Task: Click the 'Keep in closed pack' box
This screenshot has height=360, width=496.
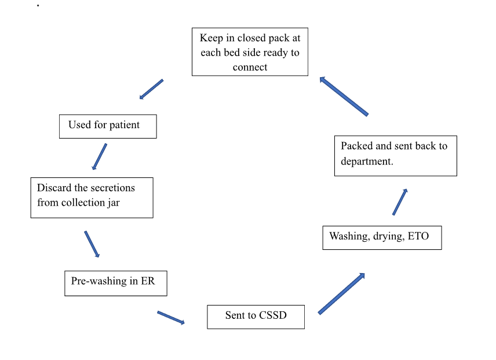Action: pos(250,52)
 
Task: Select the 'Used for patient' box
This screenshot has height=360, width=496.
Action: pos(108,126)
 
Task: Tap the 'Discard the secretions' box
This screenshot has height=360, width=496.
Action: pos(92,198)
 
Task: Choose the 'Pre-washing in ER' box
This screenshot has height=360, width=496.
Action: pos(116,283)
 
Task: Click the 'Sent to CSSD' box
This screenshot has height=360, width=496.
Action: pos(256,317)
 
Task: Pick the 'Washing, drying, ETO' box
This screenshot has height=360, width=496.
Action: pos(382,238)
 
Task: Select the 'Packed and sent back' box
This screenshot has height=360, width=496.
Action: pos(396,155)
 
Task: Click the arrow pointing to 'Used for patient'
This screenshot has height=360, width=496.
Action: pos(151,89)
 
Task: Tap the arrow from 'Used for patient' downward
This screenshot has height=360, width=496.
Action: pos(99,157)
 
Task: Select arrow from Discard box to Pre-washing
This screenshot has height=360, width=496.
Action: pos(92,244)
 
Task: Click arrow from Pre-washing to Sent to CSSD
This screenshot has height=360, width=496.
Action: pos(171,318)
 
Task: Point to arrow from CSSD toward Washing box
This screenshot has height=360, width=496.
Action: pos(341,293)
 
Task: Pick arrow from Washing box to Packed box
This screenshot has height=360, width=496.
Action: pos(400,202)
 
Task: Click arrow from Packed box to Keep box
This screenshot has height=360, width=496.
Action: pos(344,96)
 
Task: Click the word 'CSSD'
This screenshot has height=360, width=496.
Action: pos(273,315)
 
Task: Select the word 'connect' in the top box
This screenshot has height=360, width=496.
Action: pos(250,67)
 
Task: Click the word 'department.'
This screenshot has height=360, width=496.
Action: pos(367,162)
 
